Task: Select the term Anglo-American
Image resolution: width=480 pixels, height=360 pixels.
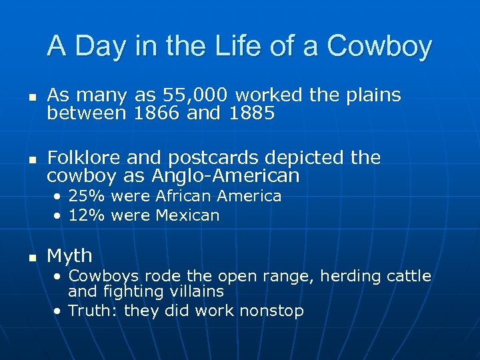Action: coord(225,176)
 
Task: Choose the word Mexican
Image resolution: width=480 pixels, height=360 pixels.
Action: coord(187,215)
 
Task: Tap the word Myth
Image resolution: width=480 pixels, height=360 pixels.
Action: coord(69,256)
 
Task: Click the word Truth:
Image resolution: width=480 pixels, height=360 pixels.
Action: coord(94,311)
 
